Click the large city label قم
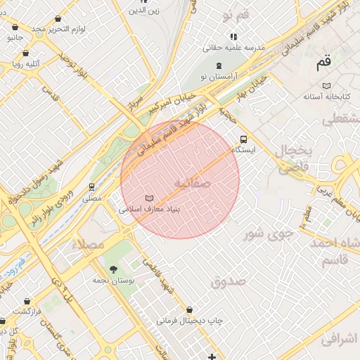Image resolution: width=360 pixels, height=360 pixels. pos(323,63)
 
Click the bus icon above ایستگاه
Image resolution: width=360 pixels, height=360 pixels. pos(244,139)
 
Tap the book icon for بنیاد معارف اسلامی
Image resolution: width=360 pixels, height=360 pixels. pos(148,198)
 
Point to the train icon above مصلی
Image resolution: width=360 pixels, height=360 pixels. pos(91,187)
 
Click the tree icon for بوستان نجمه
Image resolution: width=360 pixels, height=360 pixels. pos(113,269)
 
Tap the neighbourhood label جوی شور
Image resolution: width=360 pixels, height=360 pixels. pos(264,233)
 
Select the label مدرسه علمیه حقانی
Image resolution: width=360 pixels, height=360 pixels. pos(233,48)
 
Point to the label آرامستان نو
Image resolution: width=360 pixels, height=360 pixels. pos(219,75)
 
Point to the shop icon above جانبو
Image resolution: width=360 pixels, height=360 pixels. pos(15,27)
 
